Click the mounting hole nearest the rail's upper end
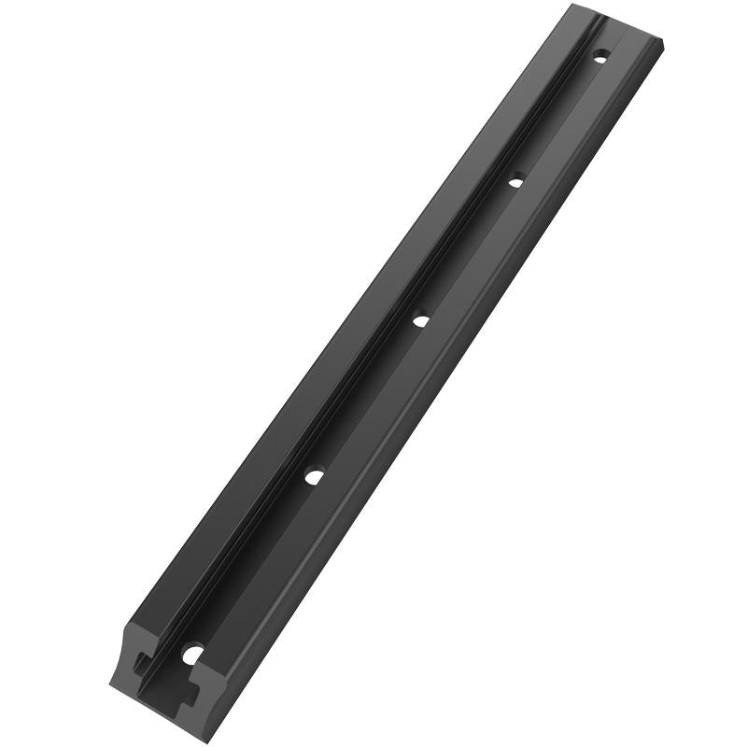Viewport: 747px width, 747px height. pyautogui.click(x=600, y=57)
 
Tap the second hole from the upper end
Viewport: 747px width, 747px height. pyautogui.click(x=514, y=181)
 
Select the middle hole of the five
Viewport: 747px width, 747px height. pyautogui.click(x=420, y=320)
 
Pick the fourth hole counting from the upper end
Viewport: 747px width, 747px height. pyautogui.click(x=315, y=476)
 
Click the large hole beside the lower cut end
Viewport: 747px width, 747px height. pyautogui.click(x=192, y=654)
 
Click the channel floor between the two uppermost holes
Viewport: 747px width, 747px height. pyautogui.click(x=557, y=119)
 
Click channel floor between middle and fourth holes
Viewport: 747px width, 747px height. pyautogui.click(x=367, y=399)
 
